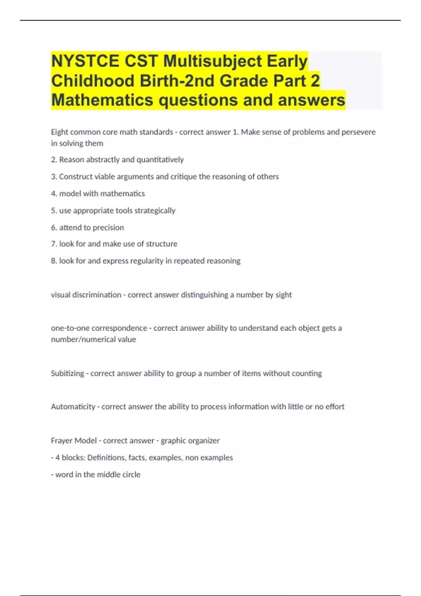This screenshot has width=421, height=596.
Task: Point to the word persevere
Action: (359, 132)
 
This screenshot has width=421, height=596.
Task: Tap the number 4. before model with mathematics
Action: (54, 194)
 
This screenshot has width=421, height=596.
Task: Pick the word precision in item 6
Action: (108, 228)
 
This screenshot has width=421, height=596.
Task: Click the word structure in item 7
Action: (161, 244)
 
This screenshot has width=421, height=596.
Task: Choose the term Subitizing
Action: (67, 373)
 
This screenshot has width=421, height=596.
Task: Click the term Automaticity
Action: (73, 407)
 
